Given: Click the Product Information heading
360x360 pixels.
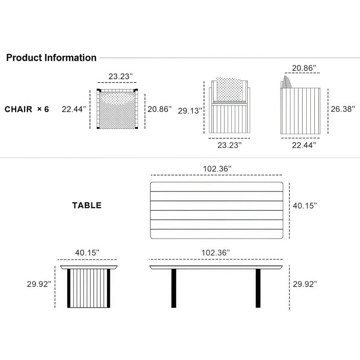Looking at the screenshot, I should [51, 58].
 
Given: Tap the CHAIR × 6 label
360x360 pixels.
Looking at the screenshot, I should [27, 109].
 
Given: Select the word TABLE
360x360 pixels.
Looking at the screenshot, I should [87, 205].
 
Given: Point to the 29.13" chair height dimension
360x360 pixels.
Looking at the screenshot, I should [190, 111].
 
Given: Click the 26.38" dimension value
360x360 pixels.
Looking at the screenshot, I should [343, 109].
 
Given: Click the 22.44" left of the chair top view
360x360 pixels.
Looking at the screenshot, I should [74, 109].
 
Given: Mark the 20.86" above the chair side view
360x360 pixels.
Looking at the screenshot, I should [304, 68].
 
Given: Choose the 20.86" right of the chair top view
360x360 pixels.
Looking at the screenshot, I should [160, 109].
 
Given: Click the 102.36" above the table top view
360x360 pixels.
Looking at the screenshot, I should [217, 169].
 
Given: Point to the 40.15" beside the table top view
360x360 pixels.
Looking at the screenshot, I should [305, 206].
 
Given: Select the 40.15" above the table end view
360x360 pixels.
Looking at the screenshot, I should [87, 253].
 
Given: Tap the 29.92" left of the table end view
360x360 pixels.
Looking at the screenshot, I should [39, 284].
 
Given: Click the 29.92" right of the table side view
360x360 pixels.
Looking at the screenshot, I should [305, 284].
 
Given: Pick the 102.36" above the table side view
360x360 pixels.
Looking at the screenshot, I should [216, 253].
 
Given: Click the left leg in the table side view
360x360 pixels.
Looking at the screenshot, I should [174, 288].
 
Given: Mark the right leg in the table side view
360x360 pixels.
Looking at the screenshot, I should [258, 288].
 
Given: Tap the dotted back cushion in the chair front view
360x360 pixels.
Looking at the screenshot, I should [229, 89].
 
